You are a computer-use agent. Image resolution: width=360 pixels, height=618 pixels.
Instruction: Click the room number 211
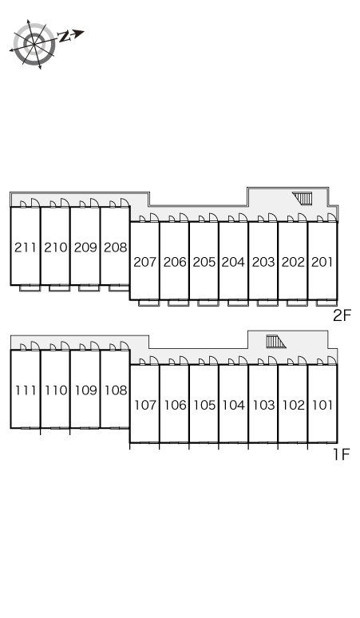click(26, 248)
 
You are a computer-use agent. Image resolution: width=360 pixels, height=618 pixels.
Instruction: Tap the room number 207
click(145, 262)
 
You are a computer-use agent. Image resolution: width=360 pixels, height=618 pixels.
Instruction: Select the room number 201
click(322, 262)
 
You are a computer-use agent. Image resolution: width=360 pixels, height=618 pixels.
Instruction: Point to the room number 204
click(233, 262)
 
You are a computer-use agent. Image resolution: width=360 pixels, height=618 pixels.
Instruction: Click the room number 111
click(26, 390)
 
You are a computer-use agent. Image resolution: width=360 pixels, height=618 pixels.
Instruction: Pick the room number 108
click(116, 390)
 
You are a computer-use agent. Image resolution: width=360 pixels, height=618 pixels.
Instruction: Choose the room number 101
click(322, 405)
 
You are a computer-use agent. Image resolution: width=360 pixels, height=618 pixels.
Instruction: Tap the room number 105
click(204, 405)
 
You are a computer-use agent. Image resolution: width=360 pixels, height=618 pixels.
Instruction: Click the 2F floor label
click(342, 315)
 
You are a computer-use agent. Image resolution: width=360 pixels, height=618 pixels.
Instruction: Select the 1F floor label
click(342, 455)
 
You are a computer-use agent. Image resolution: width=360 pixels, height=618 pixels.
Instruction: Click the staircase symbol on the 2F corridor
click(303, 198)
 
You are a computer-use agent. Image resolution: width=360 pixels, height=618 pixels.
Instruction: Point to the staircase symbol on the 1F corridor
click(275, 341)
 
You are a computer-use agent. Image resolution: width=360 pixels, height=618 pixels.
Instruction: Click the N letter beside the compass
click(64, 37)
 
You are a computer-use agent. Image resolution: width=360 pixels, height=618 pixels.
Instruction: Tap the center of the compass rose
click(34, 43)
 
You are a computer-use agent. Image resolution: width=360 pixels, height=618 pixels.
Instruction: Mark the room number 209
click(85, 248)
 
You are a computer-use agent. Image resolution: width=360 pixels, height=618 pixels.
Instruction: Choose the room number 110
click(56, 390)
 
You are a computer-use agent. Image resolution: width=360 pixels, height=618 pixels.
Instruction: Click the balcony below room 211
click(30, 287)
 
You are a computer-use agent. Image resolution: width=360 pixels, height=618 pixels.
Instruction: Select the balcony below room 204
click(238, 303)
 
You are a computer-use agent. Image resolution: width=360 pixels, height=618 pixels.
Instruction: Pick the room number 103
click(263, 405)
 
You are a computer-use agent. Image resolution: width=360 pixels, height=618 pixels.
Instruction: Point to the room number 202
click(293, 262)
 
